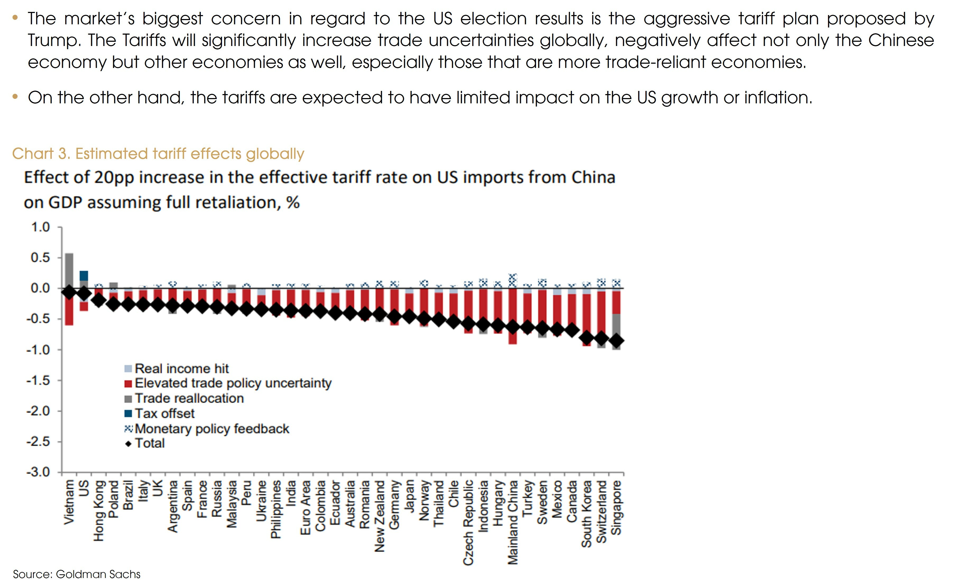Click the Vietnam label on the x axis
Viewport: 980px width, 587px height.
click(69, 502)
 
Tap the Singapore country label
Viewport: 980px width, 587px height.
click(616, 507)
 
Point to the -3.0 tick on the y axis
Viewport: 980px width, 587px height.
click(38, 472)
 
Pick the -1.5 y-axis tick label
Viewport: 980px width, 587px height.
click(38, 381)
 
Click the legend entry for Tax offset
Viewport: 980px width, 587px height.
click(164, 413)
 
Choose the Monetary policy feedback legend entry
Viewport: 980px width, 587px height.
click(212, 429)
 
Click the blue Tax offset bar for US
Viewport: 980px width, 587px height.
click(84, 276)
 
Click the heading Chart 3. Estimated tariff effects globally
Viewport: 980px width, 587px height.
click(158, 154)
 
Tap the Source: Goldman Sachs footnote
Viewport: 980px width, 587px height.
click(77, 574)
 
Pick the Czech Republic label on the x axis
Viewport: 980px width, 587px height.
click(468, 522)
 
